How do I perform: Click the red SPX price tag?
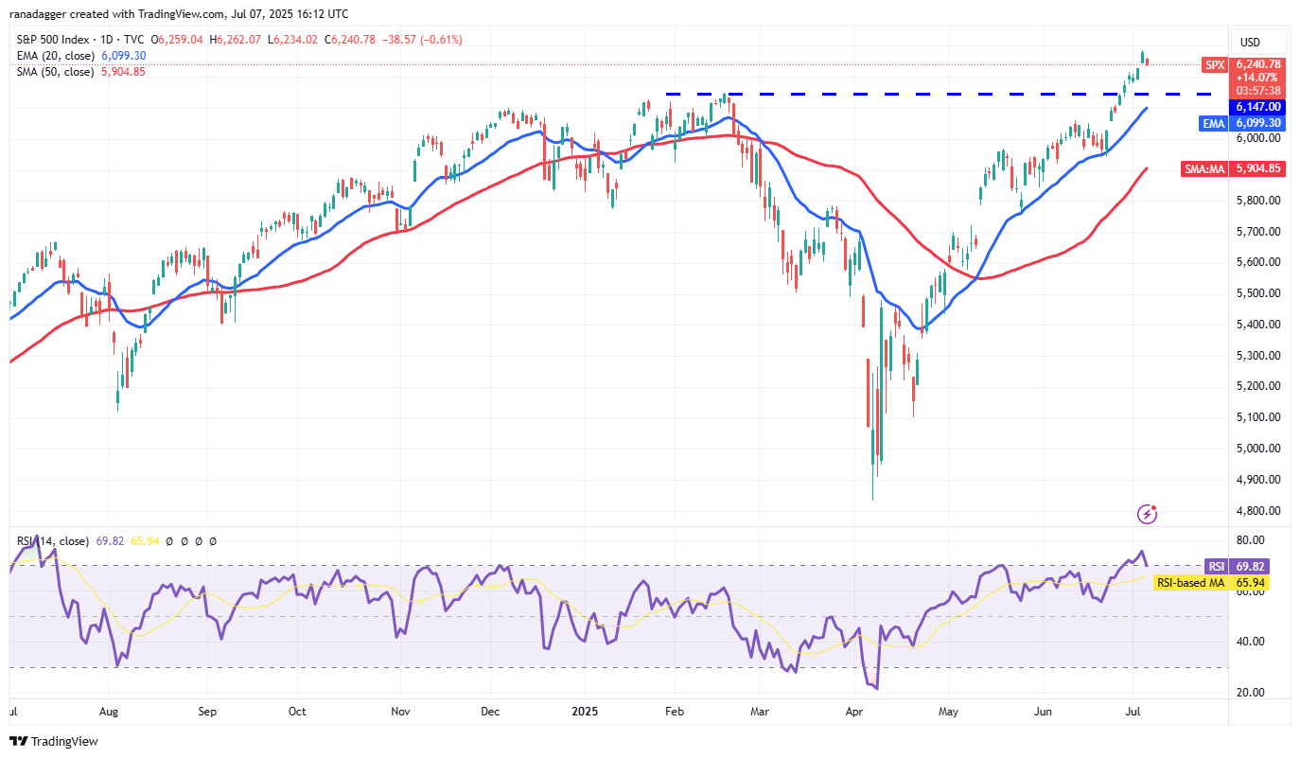pos(1214,64)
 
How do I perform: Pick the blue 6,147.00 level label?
pos(1256,107)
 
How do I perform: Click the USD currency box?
pos(1250,43)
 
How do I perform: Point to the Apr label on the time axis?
pos(855,710)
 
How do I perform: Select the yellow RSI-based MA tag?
pos(1190,583)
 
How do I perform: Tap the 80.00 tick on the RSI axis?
pos(1251,540)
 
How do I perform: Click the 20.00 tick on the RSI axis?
pos(1251,692)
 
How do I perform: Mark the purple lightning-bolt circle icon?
pos(1148,514)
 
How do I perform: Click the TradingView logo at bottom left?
pos(55,741)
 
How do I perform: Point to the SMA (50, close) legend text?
pos(56,71)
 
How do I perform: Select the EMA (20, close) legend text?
pos(56,56)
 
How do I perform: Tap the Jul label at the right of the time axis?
pos(1134,710)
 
